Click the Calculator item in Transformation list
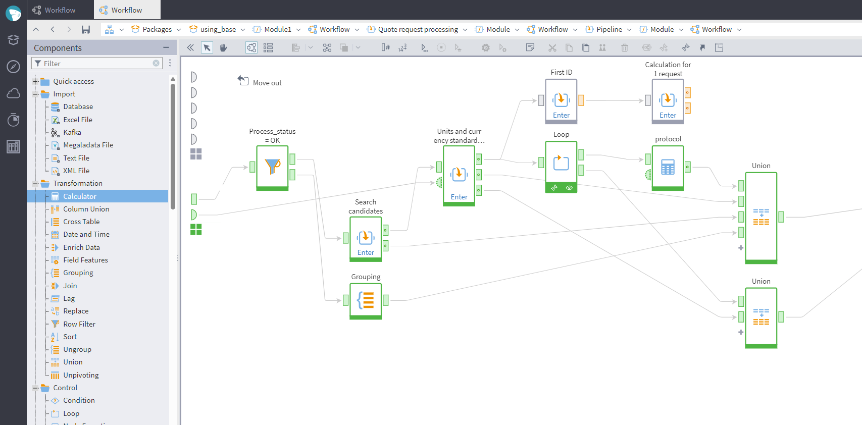point(79,196)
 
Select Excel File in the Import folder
point(77,120)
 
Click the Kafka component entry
point(72,132)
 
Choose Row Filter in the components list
point(79,324)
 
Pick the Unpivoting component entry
point(81,375)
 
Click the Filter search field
point(96,64)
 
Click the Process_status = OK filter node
point(272,167)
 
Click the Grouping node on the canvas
point(366,300)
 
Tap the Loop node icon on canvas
point(561,163)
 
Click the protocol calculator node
point(668,167)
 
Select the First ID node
point(561,100)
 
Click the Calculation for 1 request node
point(668,100)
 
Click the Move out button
point(260,82)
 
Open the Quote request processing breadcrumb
point(418,29)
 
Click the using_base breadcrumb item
point(218,29)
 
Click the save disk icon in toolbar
point(86,29)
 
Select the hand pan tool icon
point(223,47)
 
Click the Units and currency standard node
point(459,175)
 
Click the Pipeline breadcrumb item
point(609,29)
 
